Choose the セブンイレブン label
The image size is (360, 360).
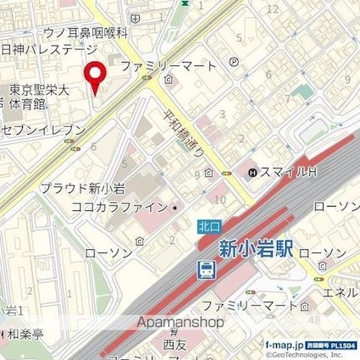45,130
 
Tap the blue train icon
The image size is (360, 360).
206,269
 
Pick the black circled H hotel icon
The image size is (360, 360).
252,174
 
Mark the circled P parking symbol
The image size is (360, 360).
234,62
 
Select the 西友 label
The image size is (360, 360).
174,345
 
